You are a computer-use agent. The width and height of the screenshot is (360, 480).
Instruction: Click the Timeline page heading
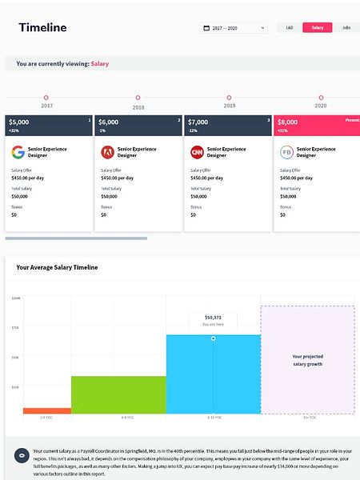point(42,28)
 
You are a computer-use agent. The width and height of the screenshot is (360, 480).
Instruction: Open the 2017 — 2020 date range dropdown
point(233,28)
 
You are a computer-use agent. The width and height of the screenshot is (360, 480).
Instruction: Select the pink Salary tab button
point(317,28)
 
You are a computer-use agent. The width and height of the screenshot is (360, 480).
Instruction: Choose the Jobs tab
point(346,28)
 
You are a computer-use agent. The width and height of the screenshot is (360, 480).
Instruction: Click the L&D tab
point(289,28)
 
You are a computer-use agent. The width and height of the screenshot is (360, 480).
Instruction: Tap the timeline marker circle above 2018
point(138,98)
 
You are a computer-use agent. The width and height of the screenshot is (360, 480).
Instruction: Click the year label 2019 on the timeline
point(229,106)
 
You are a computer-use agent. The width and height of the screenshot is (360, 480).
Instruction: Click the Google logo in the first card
point(18,151)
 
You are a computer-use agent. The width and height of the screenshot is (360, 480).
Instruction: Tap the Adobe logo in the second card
point(107,151)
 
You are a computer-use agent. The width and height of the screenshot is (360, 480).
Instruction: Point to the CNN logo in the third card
point(197,151)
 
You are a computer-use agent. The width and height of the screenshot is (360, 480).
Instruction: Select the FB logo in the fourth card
point(286,151)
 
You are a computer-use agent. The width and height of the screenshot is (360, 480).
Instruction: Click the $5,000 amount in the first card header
point(19,122)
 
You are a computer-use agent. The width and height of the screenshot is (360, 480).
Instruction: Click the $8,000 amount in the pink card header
point(288,122)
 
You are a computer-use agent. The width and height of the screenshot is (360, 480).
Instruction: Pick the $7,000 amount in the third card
point(198,122)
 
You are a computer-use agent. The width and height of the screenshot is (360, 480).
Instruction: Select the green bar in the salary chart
point(118,394)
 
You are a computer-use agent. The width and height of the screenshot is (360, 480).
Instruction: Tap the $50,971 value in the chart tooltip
point(213,317)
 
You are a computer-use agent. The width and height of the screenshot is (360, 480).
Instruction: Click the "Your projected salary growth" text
point(307,360)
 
